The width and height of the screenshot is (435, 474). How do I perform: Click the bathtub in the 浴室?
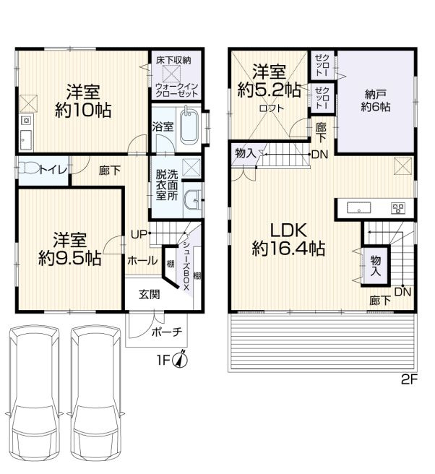[189, 126]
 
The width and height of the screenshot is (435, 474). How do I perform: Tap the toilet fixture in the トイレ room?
[28, 168]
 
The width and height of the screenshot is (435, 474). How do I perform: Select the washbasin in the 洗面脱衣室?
[192, 199]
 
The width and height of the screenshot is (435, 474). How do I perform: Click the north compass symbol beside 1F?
[180, 360]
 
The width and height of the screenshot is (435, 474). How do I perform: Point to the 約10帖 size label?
[83, 111]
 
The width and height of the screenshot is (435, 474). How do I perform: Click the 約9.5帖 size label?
[69, 259]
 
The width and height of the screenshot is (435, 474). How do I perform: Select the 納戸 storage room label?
[376, 95]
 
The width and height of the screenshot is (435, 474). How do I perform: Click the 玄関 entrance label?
[150, 294]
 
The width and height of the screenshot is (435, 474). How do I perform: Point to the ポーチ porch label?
[167, 332]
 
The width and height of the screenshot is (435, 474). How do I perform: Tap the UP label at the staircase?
[139, 233]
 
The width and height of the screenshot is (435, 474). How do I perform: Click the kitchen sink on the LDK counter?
[359, 208]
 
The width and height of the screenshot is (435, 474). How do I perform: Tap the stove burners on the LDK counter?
[397, 208]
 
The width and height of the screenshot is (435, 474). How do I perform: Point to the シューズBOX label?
[186, 265]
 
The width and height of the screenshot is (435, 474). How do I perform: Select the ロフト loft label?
[272, 108]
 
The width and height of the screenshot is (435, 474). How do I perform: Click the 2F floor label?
[409, 379]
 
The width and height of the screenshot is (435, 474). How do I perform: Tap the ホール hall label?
[142, 260]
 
